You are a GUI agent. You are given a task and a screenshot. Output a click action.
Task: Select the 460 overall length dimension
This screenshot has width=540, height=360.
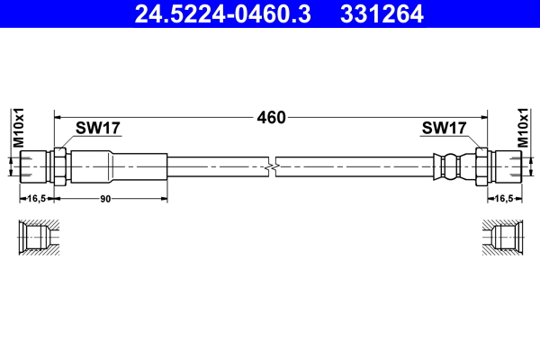tap(271, 117)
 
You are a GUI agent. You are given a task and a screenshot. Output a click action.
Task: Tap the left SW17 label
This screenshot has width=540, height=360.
tap(98, 129)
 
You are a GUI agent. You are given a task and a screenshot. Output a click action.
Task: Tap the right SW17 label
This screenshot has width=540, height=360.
tap(443, 129)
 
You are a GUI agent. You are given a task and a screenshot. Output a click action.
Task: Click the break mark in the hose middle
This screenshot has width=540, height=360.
tap(271, 166)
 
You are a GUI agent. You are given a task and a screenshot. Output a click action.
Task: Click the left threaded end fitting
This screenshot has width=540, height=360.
tap(35, 166)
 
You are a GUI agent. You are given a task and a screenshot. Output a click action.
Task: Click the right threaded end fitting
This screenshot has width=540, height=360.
tap(505, 166)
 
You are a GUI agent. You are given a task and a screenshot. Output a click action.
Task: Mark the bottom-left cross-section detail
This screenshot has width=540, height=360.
tap(37, 239)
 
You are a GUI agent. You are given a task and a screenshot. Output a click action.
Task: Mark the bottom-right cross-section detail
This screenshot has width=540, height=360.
tap(503, 239)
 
